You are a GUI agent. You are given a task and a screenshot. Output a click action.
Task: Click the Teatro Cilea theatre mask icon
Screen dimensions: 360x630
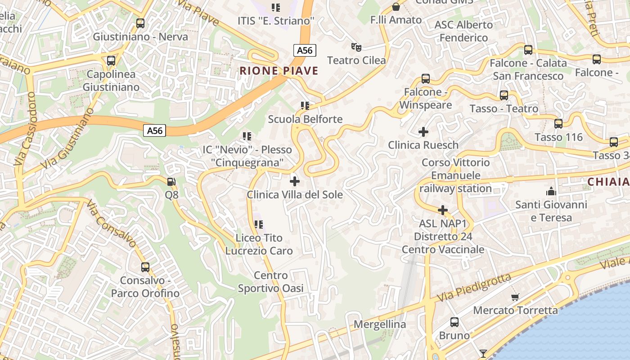356,47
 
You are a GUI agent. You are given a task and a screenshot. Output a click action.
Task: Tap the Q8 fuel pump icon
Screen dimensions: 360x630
171,182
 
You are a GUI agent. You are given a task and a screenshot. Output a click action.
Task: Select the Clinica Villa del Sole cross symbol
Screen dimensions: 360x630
295,181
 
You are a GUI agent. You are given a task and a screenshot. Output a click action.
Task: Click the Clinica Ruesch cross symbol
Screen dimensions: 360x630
423,132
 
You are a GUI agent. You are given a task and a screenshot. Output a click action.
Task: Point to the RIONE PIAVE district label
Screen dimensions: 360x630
279,71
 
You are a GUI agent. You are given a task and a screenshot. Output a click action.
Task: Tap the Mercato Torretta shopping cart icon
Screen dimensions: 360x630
515,297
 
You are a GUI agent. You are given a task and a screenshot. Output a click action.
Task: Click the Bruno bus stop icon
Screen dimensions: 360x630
454,322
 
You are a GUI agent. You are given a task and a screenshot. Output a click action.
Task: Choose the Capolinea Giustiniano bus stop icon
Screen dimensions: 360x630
111,60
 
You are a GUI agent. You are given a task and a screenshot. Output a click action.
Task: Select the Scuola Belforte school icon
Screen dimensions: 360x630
305,106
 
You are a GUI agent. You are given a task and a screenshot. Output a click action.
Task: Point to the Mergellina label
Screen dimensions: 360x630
380,324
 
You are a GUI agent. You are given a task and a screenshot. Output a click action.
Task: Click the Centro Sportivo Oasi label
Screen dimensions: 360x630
271,282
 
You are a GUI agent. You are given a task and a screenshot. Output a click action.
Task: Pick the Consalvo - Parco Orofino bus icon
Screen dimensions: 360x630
145,267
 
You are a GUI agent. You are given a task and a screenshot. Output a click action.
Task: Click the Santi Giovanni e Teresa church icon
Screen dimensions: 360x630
551,191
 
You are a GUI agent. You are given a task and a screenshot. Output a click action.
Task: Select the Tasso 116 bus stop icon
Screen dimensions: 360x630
558,123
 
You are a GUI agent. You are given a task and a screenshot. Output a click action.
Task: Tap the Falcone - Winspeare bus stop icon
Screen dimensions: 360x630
425,79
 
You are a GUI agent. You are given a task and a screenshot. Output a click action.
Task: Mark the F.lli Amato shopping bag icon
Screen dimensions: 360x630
396,6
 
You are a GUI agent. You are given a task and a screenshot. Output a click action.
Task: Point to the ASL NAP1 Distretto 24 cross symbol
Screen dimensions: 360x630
443,210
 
